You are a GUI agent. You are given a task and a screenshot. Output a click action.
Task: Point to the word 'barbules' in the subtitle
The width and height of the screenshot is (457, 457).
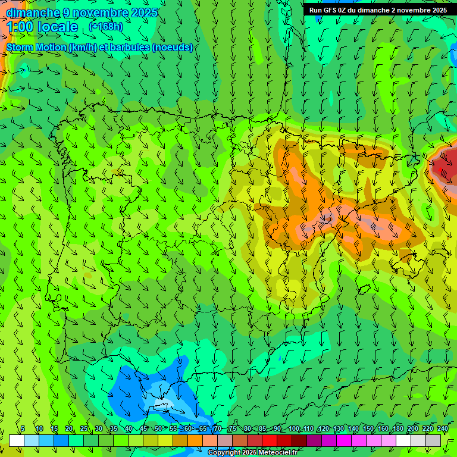click(x=132, y=47)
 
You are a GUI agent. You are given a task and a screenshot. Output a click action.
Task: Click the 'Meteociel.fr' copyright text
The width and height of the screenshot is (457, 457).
click(x=273, y=453)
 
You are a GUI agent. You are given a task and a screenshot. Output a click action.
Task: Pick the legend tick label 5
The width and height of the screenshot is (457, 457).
click(x=23, y=428)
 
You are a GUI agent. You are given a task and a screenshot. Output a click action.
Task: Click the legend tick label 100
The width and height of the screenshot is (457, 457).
click(x=293, y=428)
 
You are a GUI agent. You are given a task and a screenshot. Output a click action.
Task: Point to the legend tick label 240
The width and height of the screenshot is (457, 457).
click(x=442, y=428)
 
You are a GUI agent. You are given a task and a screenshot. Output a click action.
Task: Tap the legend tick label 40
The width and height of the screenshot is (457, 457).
click(x=129, y=428)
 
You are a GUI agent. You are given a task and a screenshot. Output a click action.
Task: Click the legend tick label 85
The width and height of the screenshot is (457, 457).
click(x=262, y=428)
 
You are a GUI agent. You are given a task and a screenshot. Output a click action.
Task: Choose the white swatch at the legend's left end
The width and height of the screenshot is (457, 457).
click(x=16, y=440)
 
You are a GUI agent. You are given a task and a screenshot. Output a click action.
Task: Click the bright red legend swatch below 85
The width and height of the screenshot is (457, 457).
click(x=270, y=440)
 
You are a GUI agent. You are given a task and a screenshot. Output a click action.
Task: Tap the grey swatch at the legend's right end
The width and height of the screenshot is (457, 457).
click(x=433, y=440)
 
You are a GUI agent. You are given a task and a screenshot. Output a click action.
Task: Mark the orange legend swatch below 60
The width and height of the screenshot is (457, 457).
click(x=195, y=440)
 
